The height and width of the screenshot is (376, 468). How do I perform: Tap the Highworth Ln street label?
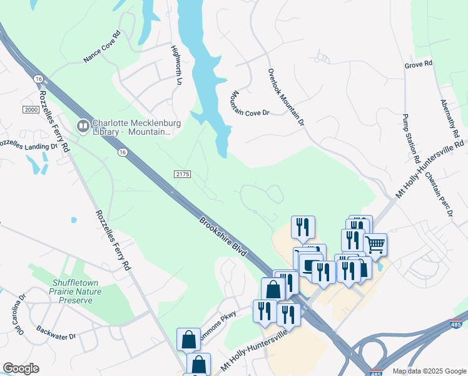point(177,65)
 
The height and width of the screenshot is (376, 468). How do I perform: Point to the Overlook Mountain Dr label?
point(286,98)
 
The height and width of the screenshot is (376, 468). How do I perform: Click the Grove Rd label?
point(419,65)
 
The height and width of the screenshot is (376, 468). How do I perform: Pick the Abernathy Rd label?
point(450,120)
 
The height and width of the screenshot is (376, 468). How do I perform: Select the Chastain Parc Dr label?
point(439,194)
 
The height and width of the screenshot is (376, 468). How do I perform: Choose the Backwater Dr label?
point(56,332)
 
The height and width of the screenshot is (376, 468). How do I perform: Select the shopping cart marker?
point(375,244)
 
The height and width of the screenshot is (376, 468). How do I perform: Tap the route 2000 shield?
point(31,110)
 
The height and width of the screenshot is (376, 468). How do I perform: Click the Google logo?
point(21,368)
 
